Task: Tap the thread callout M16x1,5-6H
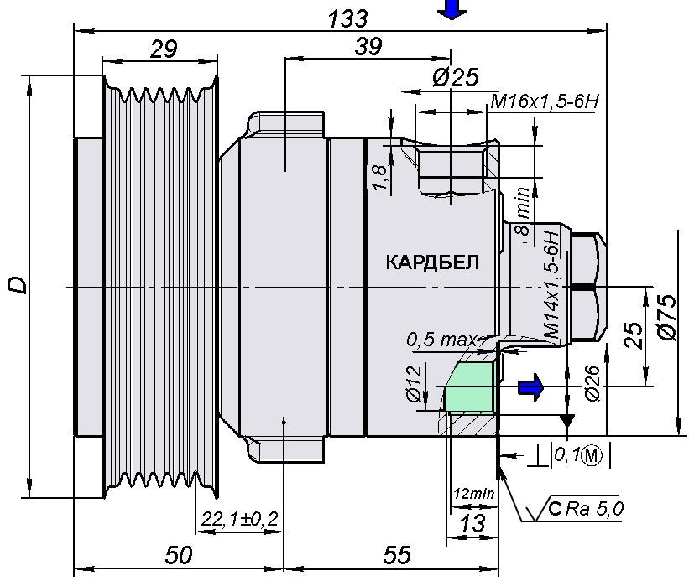544,101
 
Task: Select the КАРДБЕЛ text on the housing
432,262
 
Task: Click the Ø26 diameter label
591,383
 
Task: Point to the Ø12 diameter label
413,382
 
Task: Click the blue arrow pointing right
530,386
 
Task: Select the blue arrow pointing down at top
452,9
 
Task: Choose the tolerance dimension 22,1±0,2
239,520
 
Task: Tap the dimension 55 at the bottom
397,555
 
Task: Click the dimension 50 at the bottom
179,555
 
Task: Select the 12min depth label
473,493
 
